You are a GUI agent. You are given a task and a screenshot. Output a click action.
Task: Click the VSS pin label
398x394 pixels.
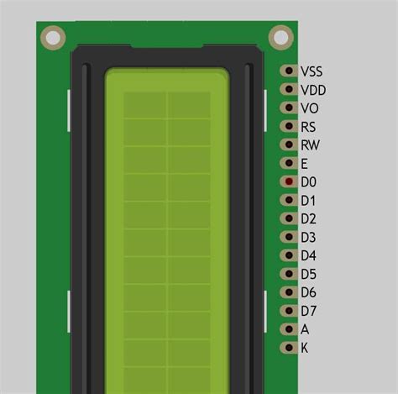pos(312,71)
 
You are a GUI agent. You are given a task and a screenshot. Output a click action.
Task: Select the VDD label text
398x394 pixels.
pos(312,90)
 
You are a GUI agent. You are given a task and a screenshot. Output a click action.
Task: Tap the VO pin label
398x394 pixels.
pos(309,108)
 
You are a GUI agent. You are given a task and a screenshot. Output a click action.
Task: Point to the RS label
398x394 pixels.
pos(308,127)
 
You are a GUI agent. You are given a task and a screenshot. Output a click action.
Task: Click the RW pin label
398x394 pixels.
pos(310,145)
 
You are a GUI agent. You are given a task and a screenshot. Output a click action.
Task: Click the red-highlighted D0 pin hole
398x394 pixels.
pos(289,181)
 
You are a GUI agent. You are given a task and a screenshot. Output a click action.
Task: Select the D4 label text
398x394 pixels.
pos(308,255)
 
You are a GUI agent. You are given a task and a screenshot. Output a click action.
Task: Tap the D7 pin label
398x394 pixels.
pos(308,311)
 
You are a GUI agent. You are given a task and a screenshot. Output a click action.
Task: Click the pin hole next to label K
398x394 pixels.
pos(289,348)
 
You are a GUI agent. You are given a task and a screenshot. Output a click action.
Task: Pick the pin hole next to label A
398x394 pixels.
pos(289,329)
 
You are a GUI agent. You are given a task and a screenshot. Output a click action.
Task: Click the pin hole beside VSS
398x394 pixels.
pos(289,71)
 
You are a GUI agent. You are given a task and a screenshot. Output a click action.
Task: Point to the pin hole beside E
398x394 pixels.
pos(289,164)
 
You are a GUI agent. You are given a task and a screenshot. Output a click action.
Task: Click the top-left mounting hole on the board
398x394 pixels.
pos(53,37)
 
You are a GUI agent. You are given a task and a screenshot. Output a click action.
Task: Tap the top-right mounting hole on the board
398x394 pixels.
pos(280,37)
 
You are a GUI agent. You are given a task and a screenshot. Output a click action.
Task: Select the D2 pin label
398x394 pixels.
pos(308,218)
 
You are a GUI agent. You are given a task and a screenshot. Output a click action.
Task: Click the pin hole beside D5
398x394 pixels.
pos(289,274)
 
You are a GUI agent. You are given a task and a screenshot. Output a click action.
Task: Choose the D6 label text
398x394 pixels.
pos(308,292)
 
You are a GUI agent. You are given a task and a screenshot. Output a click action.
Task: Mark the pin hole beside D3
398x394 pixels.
pos(289,237)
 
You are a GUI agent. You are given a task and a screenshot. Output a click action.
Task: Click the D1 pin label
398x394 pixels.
pos(308,200)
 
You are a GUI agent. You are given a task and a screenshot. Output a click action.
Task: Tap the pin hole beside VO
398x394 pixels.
pos(289,108)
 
